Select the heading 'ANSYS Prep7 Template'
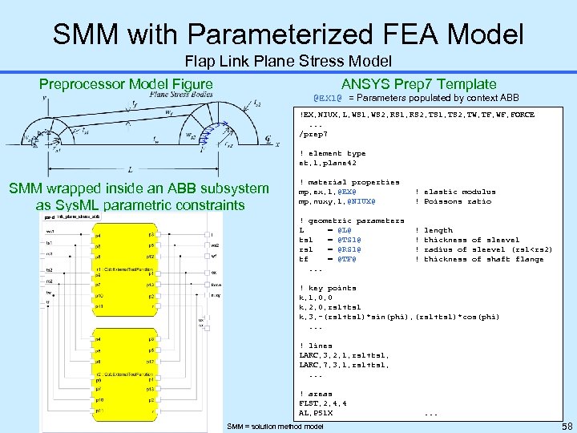click(x=419, y=83)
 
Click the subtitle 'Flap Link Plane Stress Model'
click(x=288, y=61)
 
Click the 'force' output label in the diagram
click(x=216, y=284)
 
